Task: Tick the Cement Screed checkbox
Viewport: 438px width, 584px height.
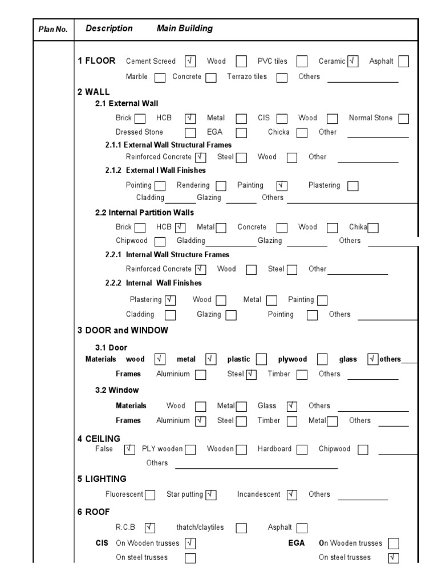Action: [190, 62]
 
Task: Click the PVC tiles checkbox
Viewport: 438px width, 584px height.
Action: [302, 62]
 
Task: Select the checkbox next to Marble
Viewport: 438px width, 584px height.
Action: [160, 78]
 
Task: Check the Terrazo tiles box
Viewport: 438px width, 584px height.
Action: [282, 78]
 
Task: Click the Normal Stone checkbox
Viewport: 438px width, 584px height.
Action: [404, 119]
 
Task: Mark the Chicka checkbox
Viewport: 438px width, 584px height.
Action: [302, 133]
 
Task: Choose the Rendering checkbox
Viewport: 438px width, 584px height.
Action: [221, 186]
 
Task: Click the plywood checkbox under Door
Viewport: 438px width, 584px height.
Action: [322, 359]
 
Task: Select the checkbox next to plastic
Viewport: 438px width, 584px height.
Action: [261, 359]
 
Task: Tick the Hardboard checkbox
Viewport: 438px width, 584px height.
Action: [302, 449]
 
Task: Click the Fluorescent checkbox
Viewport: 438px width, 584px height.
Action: [150, 495]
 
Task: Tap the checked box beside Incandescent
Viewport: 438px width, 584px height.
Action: [292, 495]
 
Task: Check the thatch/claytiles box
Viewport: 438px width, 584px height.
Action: [241, 528]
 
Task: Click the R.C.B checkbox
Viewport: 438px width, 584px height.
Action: [150, 528]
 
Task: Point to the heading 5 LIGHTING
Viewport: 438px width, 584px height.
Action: [102, 479]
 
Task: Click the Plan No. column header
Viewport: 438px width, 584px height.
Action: [52, 29]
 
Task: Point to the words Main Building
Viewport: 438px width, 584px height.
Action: [184, 29]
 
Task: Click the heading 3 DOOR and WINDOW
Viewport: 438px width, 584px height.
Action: [123, 330]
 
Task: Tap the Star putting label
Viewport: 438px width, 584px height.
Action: [185, 494]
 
